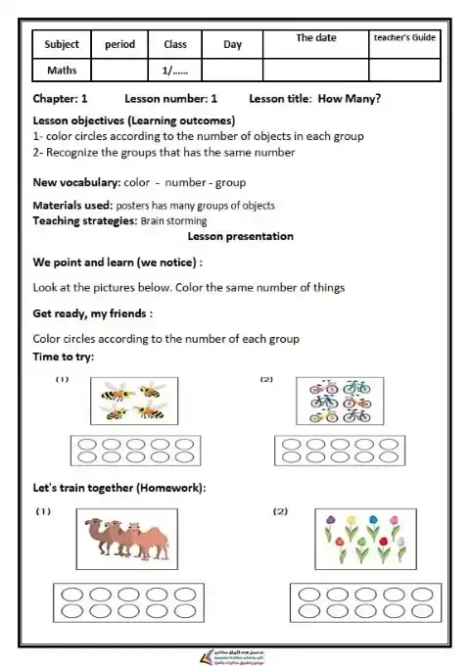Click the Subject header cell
click(63, 45)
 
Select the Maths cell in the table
click(62, 71)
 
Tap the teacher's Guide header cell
click(404, 38)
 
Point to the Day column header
click(232, 45)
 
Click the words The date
click(315, 38)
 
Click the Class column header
click(175, 45)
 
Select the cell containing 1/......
click(174, 71)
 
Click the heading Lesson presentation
click(240, 236)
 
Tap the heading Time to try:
click(64, 357)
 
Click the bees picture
click(133, 402)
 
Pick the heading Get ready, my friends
click(92, 313)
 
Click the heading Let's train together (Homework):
click(119, 489)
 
